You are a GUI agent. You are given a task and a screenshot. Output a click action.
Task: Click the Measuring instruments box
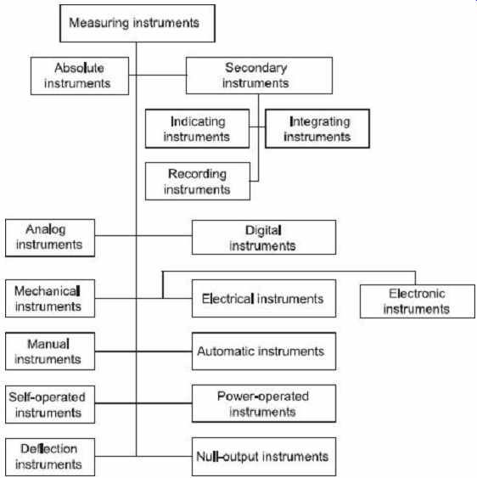coord(137,23)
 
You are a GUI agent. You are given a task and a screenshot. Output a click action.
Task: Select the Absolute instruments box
coord(80,76)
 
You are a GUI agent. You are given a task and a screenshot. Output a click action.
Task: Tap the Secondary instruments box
coord(259,76)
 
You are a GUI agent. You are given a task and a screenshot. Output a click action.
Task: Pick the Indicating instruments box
coord(197,129)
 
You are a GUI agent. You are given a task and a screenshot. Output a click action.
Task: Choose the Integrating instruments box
coord(317,129)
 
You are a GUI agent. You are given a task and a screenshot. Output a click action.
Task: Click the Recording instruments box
coord(198,182)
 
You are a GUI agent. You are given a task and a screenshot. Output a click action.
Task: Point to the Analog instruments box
coord(50,238)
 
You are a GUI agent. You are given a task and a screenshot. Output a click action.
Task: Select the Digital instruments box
coord(264,238)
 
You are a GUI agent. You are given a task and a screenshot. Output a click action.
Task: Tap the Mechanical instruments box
coord(50,299)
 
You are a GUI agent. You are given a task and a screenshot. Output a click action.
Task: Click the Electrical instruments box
coord(264,299)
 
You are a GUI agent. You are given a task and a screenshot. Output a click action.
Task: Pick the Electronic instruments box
coord(418,301)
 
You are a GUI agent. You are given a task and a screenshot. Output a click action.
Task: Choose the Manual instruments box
coord(50,351)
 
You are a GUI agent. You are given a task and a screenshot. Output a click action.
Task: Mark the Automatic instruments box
coord(264,351)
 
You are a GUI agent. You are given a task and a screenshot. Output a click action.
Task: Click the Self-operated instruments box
coord(50,404)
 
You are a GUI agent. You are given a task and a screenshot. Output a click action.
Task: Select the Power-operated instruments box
coord(264,403)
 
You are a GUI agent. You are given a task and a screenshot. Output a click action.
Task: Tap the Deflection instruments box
coord(50,458)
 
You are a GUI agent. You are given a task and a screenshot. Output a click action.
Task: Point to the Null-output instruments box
coord(264,457)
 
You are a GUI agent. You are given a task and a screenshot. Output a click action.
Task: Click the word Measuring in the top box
coord(99,23)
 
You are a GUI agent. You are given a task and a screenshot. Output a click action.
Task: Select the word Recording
coord(197,174)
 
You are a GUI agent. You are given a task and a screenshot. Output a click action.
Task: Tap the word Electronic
coord(417,294)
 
